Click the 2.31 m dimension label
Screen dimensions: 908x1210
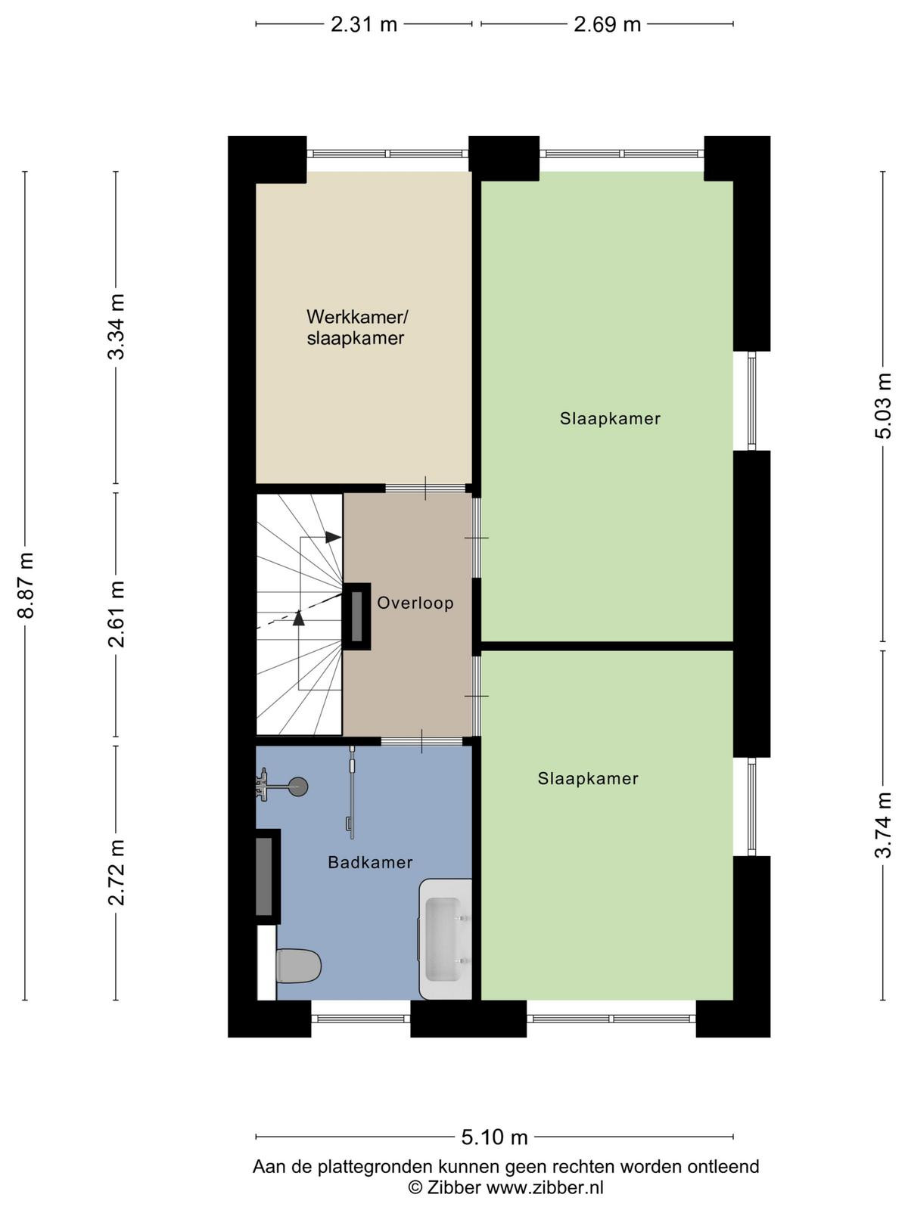[x=364, y=24]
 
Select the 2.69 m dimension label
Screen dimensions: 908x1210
[x=607, y=24]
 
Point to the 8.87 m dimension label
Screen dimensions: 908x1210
[x=26, y=585]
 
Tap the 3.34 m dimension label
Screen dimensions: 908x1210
[x=117, y=327]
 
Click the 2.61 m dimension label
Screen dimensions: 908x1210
[x=117, y=614]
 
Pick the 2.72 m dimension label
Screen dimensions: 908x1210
[x=117, y=873]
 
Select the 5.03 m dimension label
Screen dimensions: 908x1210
[x=882, y=405]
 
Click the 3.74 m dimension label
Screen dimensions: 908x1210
[x=882, y=824]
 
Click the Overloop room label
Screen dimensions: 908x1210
[x=415, y=603]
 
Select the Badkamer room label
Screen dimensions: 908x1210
[x=370, y=862]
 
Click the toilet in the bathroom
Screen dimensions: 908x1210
[x=298, y=965]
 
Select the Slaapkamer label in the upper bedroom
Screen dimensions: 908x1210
[x=610, y=419]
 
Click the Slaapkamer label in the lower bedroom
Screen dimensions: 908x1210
[x=588, y=778]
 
